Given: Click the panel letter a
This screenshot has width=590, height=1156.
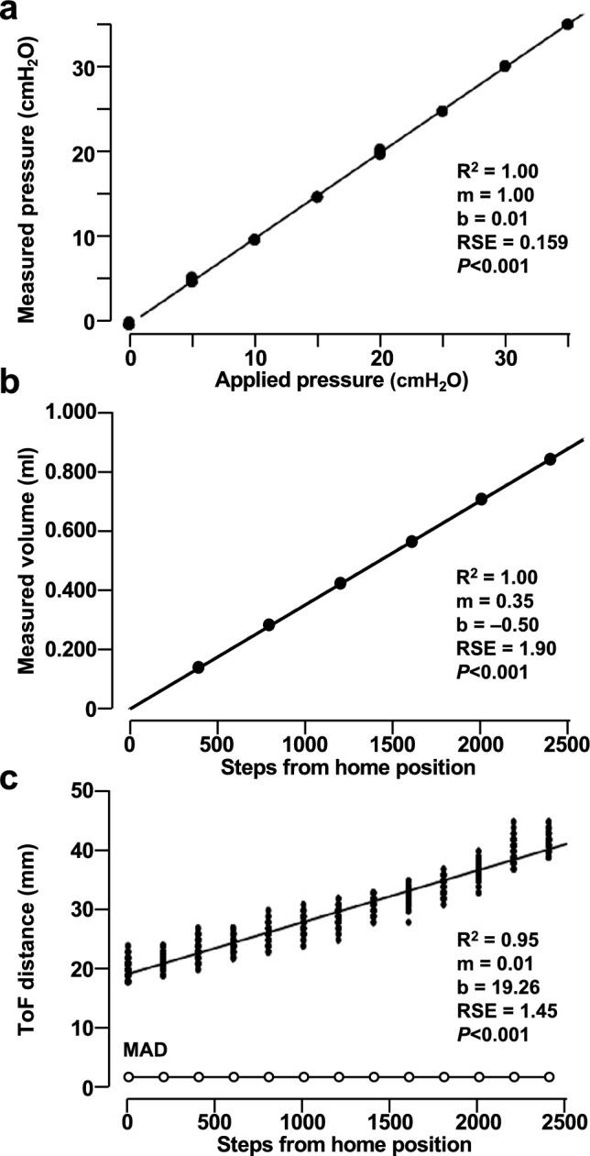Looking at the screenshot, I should point(11,14).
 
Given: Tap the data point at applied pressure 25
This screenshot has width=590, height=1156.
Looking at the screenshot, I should point(442,111).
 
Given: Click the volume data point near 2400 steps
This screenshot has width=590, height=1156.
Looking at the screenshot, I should point(550,458).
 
